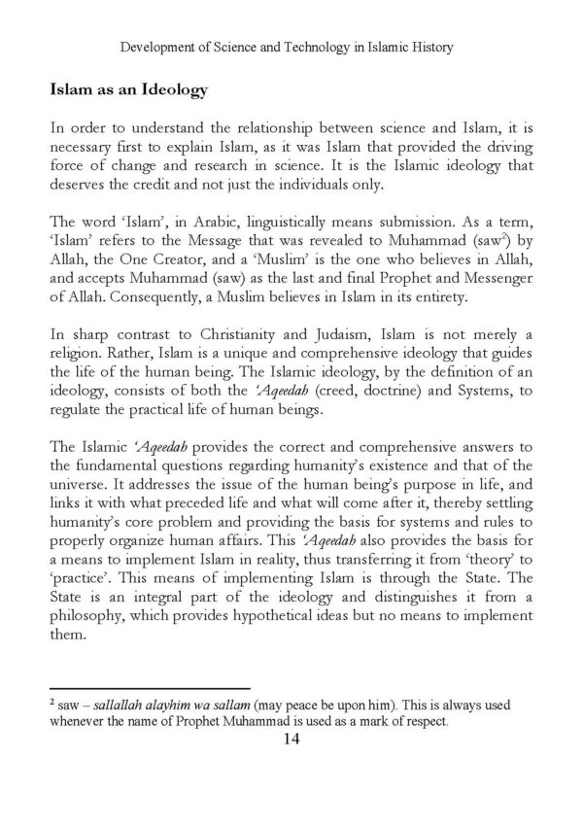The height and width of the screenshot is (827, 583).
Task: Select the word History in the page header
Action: [429, 45]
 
